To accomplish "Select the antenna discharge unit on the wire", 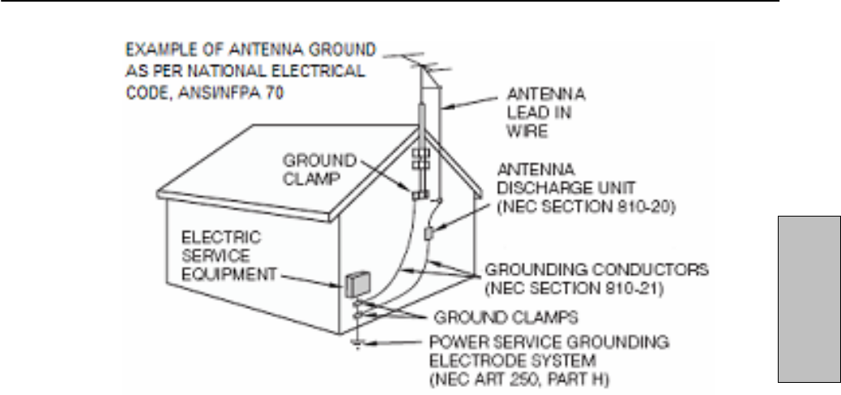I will pyautogui.click(x=429, y=234).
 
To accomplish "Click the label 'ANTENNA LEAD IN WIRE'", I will pyautogui.click(x=547, y=113).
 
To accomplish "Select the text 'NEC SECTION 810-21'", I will pyautogui.click(x=577, y=284).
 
